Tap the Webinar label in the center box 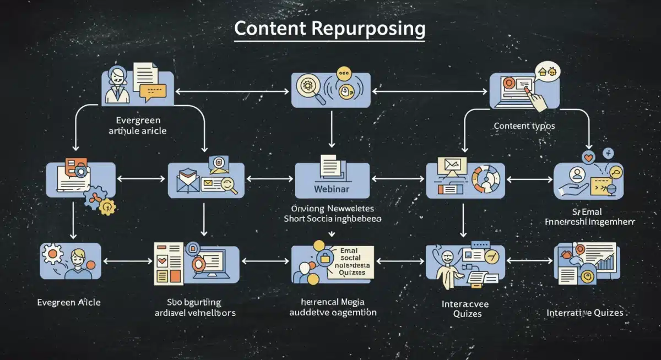click(x=332, y=189)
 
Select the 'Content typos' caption click(x=524, y=126)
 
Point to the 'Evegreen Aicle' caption click(x=69, y=302)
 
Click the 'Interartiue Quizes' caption click(x=585, y=313)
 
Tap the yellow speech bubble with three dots click(x=344, y=73)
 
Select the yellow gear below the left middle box click(x=107, y=207)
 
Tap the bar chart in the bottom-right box click(x=604, y=263)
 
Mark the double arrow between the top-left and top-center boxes click(x=232, y=91)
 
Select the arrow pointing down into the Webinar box click(x=330, y=132)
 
